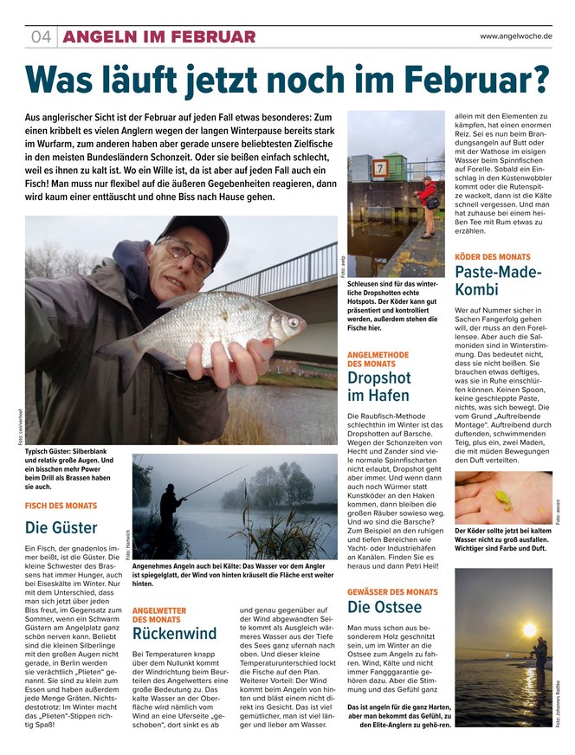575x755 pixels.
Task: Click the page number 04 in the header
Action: [42, 36]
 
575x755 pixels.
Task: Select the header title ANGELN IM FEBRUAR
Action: [159, 36]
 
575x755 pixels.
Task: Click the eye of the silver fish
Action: [293, 323]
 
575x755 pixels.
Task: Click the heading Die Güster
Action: [61, 526]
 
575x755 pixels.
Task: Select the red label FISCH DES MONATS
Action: [61, 505]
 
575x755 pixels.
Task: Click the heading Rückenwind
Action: [174, 633]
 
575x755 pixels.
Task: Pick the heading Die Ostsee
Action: [384, 606]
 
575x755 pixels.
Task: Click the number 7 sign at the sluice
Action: [379, 167]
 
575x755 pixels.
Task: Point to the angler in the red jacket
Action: [428, 202]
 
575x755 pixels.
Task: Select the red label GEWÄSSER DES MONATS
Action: [392, 591]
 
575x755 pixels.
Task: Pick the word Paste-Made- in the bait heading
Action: [498, 274]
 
